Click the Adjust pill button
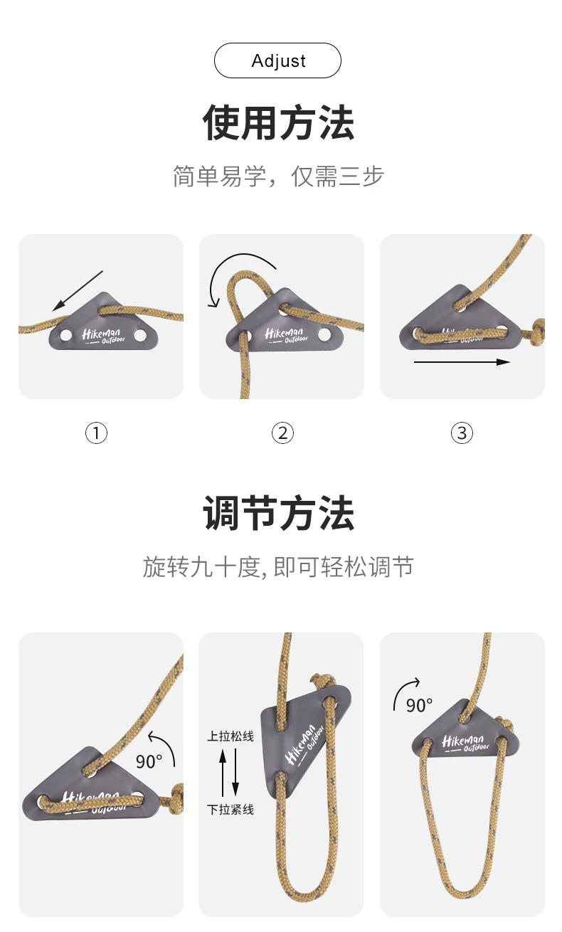click(x=277, y=60)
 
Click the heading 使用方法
click(x=278, y=123)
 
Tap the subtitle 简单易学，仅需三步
click(x=278, y=176)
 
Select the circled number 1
click(x=96, y=433)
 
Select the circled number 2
click(x=282, y=433)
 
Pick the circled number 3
click(x=462, y=433)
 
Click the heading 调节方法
click(x=278, y=513)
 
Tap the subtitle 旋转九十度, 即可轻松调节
click(x=278, y=567)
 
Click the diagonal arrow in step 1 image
click(x=78, y=291)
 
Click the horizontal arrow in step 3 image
click(x=462, y=362)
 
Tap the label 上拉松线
click(x=230, y=736)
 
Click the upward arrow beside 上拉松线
click(x=223, y=773)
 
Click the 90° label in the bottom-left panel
click(x=149, y=761)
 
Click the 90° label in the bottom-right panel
click(x=419, y=705)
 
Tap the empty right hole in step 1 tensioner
click(x=140, y=335)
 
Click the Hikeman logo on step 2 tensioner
click(x=287, y=335)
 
